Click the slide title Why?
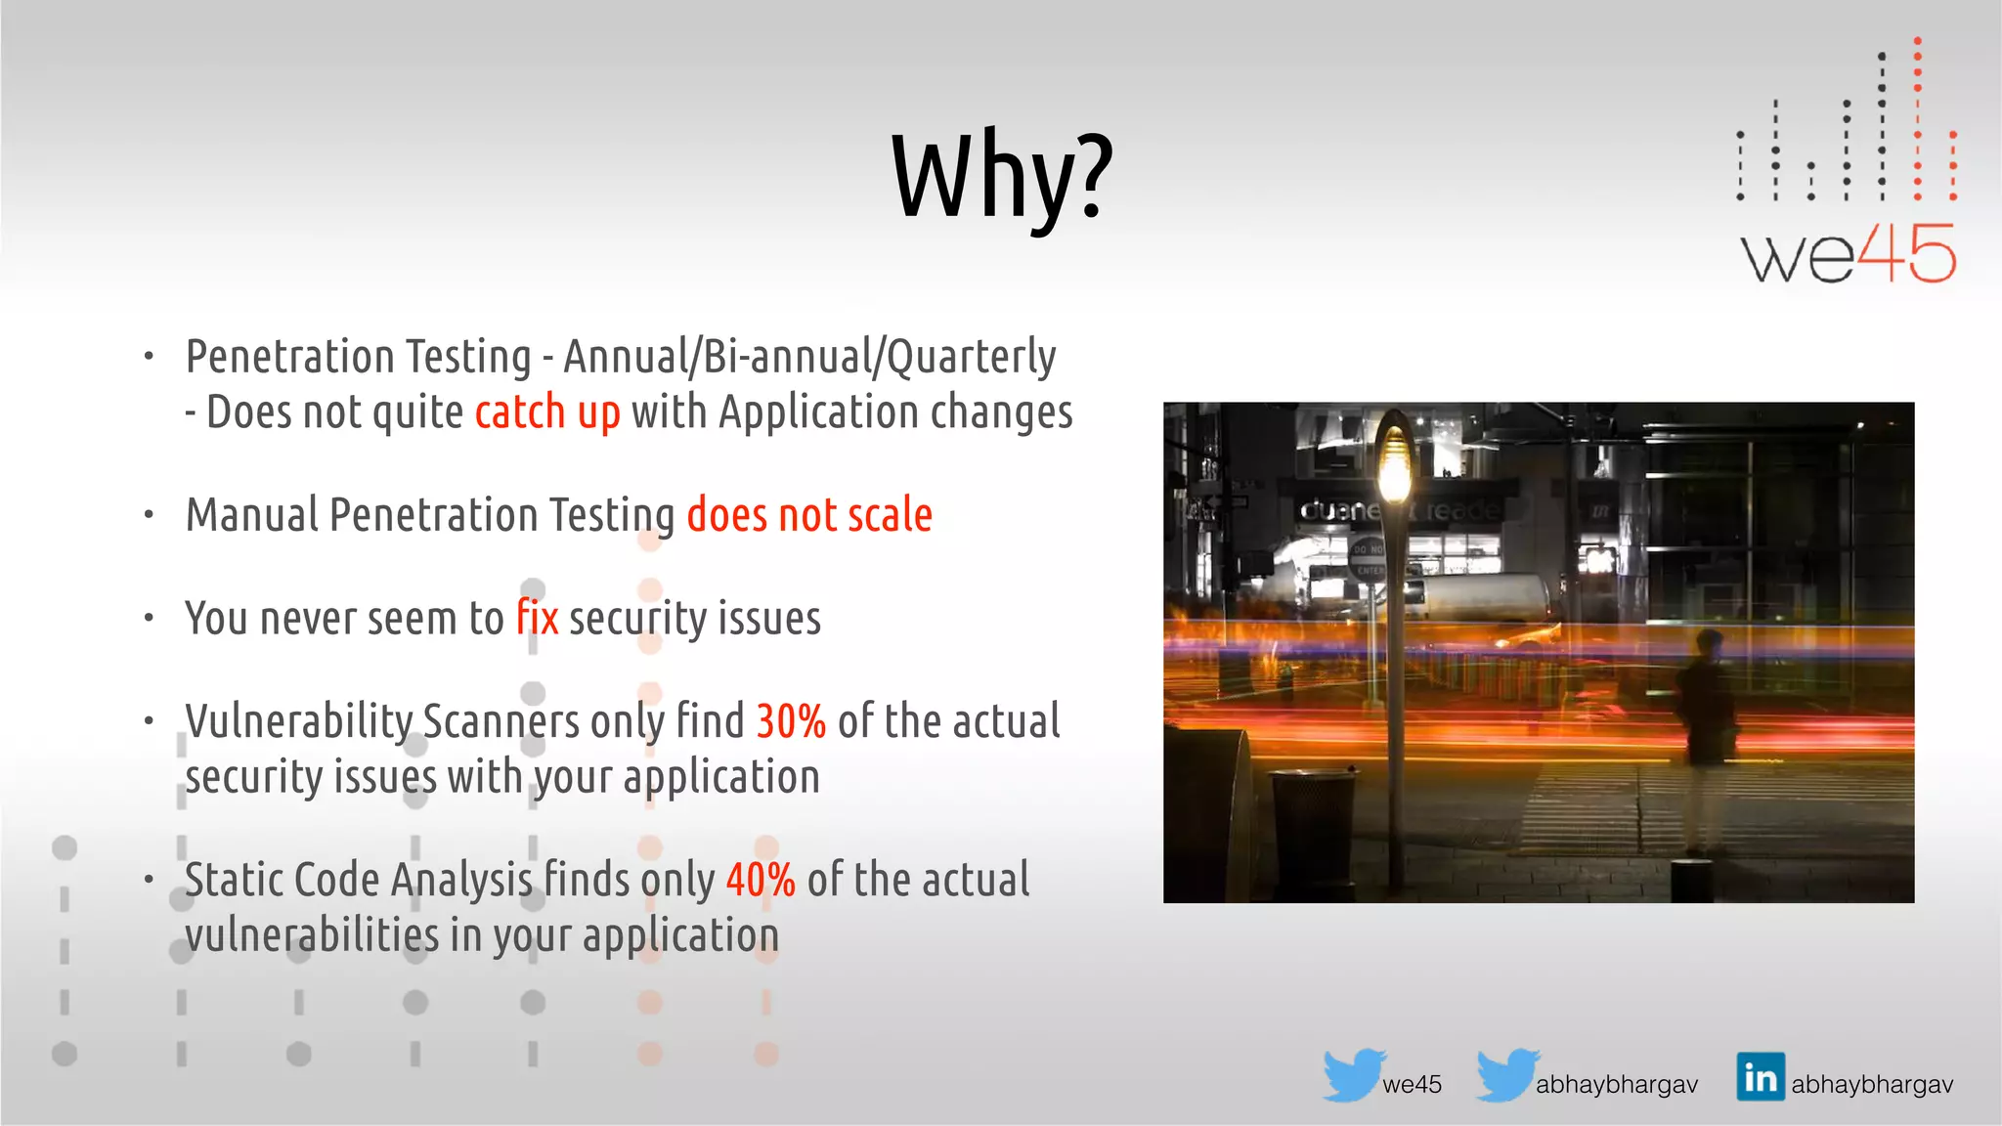pos(1002,176)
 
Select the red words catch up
pos(547,412)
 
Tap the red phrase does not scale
pos(809,515)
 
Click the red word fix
pos(538,618)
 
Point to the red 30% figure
pos(791,721)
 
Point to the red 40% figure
pos(761,880)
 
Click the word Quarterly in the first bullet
pos(971,357)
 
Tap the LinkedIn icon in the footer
pos(1761,1077)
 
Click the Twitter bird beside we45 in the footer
pos(1354,1075)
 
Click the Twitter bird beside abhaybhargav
pos(1507,1075)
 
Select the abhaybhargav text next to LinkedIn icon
pos(1872,1085)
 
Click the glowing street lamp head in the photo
pos(1395,459)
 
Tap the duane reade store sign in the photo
pos(1398,510)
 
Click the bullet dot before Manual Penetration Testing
pos(149,515)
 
